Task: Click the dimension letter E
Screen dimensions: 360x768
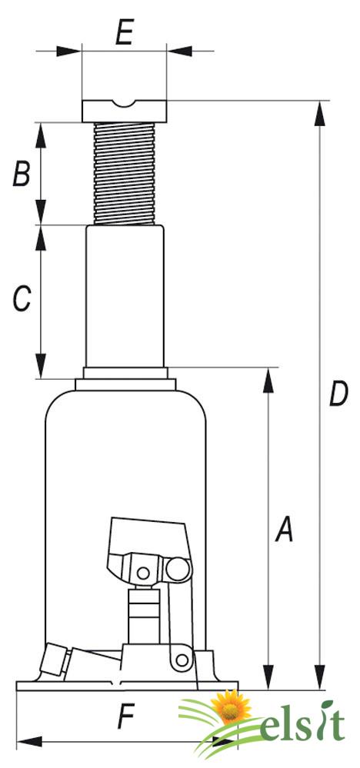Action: pyautogui.click(x=125, y=33)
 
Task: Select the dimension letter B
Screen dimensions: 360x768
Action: pyautogui.click(x=22, y=174)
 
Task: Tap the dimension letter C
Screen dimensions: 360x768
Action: pyautogui.click(x=22, y=299)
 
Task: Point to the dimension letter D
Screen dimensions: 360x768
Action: pyautogui.click(x=338, y=394)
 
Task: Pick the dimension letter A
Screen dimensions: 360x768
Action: pyautogui.click(x=284, y=530)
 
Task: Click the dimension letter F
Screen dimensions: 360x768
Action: pyautogui.click(x=126, y=719)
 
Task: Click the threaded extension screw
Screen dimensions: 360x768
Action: pyautogui.click(x=125, y=174)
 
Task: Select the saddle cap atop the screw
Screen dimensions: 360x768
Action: pyautogui.click(x=125, y=111)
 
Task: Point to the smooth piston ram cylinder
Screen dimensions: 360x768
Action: pyautogui.click(x=125, y=296)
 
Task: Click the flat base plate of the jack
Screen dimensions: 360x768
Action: pyautogui.click(x=128, y=685)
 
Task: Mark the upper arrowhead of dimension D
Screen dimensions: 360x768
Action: pyautogui.click(x=320, y=114)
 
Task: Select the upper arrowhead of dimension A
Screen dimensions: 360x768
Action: pyautogui.click(x=268, y=381)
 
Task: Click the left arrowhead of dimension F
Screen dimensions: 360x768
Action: pyautogui.click(x=29, y=742)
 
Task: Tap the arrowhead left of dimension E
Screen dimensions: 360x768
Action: pyautogui.click(x=68, y=51)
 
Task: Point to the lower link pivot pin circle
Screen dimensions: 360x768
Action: pyautogui.click(x=182, y=660)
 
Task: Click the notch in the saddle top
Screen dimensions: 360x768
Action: pyautogui.click(x=125, y=105)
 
